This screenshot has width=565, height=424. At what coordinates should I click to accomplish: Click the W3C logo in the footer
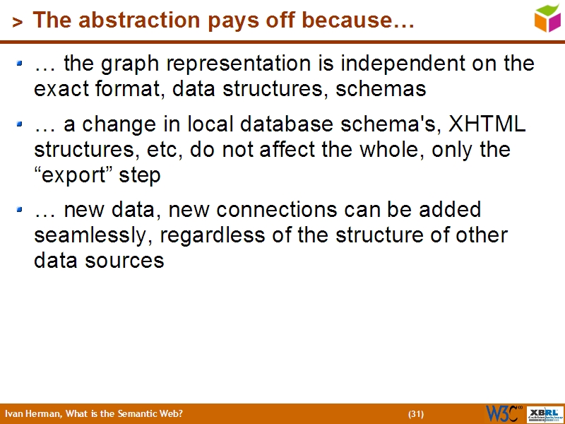[504, 413]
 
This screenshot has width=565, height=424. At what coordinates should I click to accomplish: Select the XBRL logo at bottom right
[545, 414]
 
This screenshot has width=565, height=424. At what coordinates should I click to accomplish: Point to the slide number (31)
[416, 414]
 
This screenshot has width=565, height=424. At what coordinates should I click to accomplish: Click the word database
[298, 124]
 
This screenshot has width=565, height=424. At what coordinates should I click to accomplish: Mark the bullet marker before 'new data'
[20, 210]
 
